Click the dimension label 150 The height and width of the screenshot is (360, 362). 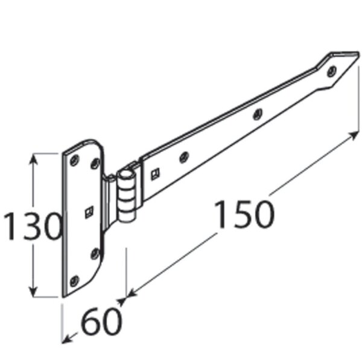pyautogui.click(x=244, y=214)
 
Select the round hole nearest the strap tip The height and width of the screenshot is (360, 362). pyautogui.click(x=331, y=71)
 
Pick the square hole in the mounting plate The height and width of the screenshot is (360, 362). pyautogui.click(x=89, y=211)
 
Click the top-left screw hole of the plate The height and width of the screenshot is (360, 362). pyautogui.click(x=74, y=160)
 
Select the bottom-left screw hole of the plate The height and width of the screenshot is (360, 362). pyautogui.click(x=74, y=280)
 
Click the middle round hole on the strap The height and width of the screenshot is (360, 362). pyautogui.click(x=258, y=113)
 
